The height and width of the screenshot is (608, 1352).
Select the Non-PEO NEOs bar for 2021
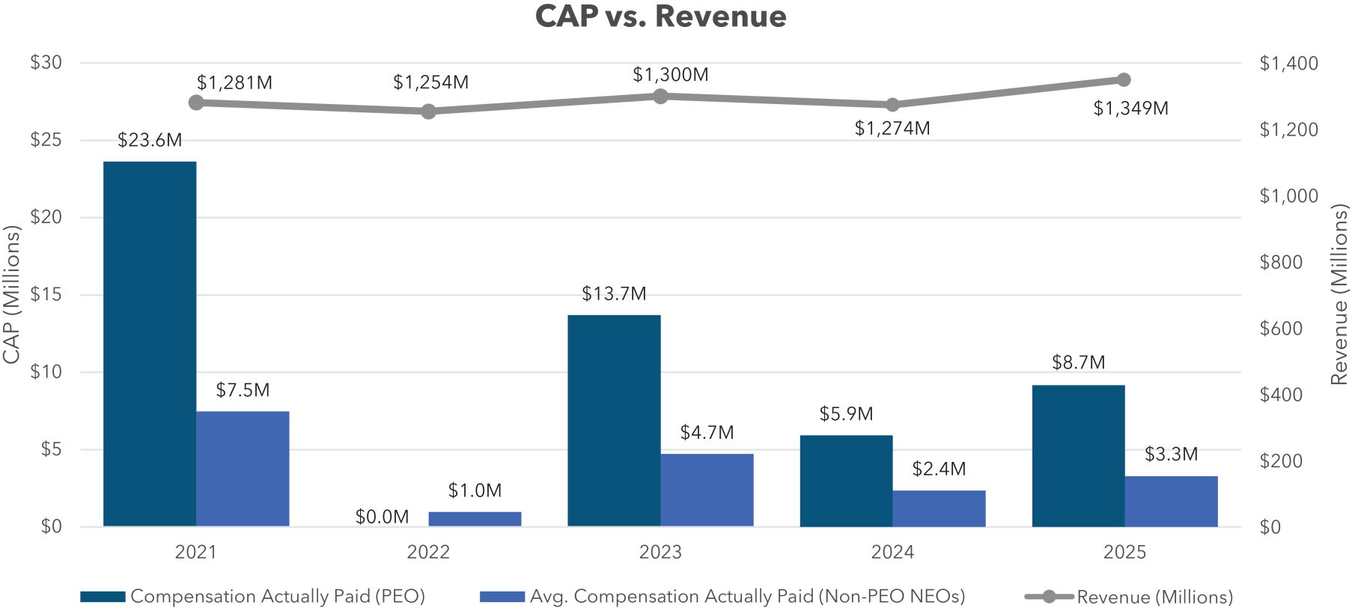(243, 469)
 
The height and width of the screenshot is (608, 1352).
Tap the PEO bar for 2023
(614, 420)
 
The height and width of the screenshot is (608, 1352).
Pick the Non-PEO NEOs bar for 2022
(475, 519)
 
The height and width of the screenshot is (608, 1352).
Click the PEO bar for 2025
(1078, 455)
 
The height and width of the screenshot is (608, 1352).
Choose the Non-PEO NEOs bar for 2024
(939, 508)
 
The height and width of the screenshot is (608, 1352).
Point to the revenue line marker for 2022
(428, 112)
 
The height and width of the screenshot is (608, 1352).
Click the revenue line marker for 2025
(1124, 80)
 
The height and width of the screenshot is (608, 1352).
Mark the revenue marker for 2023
(660, 96)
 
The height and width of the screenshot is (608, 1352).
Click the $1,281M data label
(234, 83)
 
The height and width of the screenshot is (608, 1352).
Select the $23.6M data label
(150, 141)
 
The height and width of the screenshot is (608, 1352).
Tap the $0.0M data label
(382, 517)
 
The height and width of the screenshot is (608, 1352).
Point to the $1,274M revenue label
(892, 129)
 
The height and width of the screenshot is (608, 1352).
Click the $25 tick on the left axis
(46, 140)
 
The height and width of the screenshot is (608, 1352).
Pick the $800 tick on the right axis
(1281, 262)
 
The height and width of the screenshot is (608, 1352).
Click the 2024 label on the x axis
(892, 553)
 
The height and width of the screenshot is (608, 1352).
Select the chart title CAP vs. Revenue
(660, 16)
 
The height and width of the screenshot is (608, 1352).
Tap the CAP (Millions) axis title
(11, 295)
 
